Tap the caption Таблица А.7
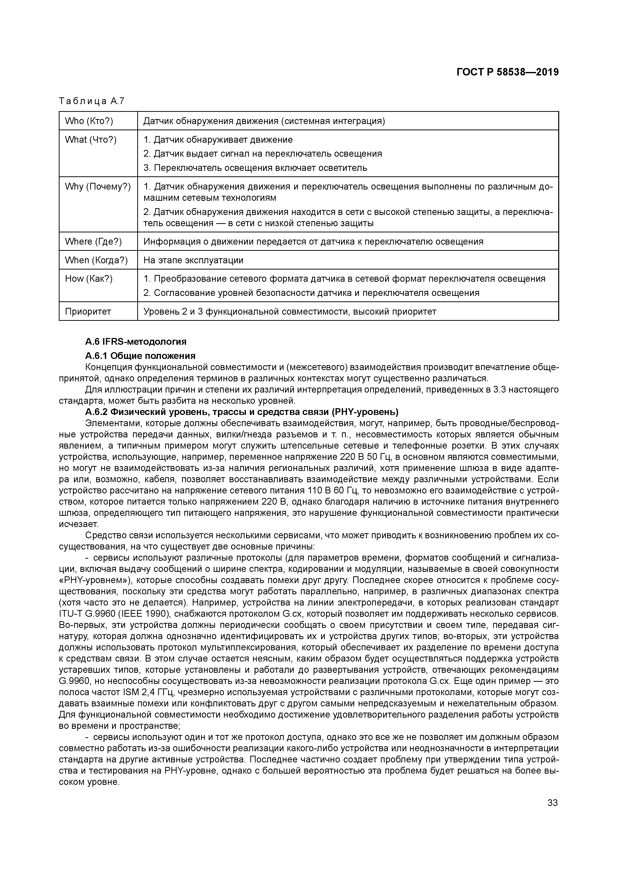pyautogui.click(x=91, y=101)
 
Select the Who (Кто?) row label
pyautogui.click(x=89, y=121)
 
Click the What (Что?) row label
pyautogui.click(x=91, y=140)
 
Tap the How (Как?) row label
pyautogui.click(x=89, y=279)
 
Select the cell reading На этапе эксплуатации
pyautogui.click(x=193, y=260)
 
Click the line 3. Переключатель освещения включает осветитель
pyautogui.click(x=255, y=168)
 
